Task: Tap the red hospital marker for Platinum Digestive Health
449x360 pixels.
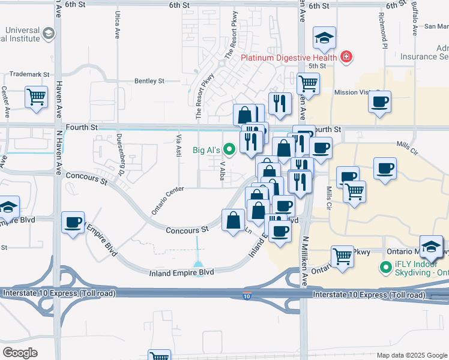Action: click(346, 58)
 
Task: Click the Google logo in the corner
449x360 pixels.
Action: click(20, 352)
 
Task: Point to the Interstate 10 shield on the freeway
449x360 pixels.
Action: click(247, 296)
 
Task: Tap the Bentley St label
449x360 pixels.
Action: click(149, 80)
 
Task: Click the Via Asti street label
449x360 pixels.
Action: click(178, 145)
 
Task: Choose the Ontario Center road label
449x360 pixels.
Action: click(167, 200)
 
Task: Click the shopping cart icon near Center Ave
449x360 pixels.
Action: click(36, 97)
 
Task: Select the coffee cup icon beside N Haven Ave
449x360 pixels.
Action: click(74, 223)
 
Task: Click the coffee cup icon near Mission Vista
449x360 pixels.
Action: click(379, 102)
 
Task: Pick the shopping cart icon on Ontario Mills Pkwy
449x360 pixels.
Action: click(342, 256)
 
